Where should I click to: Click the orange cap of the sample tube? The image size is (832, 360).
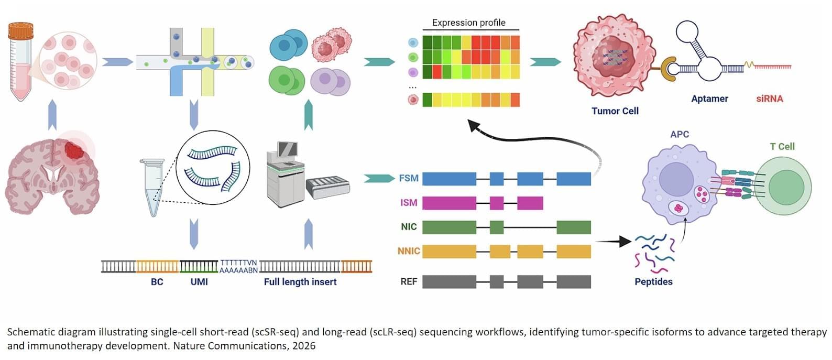pyautogui.click(x=21, y=31)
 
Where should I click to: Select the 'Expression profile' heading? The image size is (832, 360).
pyautogui.click(x=469, y=23)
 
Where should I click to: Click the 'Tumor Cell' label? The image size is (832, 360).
pyautogui.click(x=615, y=111)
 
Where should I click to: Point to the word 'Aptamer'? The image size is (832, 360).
pyautogui.click(x=709, y=99)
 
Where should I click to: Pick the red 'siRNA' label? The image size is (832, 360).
pyautogui.click(x=770, y=99)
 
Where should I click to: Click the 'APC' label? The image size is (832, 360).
pyautogui.click(x=680, y=134)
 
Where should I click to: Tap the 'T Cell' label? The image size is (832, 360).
pyautogui.click(x=782, y=146)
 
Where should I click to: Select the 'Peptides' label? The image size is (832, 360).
pyautogui.click(x=653, y=281)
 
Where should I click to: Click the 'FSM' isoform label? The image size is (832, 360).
pyautogui.click(x=409, y=178)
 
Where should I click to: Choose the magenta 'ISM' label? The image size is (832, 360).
pyautogui.click(x=409, y=203)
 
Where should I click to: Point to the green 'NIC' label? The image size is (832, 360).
pyautogui.click(x=409, y=226)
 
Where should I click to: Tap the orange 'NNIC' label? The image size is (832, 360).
pyautogui.click(x=409, y=251)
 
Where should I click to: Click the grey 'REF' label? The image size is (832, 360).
pyautogui.click(x=409, y=281)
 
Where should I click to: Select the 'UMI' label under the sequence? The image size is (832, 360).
pyautogui.click(x=199, y=282)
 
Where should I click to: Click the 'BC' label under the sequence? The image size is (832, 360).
pyautogui.click(x=157, y=282)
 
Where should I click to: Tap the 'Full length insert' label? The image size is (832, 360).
pyautogui.click(x=300, y=282)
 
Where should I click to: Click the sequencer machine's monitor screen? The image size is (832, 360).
pyautogui.click(x=288, y=149)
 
